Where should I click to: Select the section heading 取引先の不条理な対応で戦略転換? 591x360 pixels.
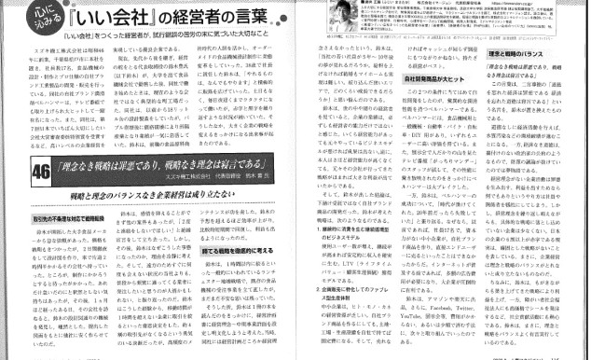click(44, 218)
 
